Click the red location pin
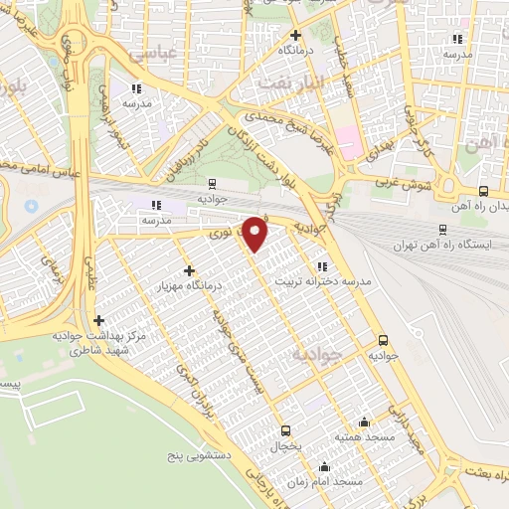click(x=256, y=234)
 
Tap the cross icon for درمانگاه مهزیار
click(x=189, y=269)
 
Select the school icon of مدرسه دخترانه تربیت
click(x=321, y=266)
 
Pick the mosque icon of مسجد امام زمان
click(x=324, y=466)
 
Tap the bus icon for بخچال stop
click(x=286, y=430)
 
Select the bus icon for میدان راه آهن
click(x=483, y=192)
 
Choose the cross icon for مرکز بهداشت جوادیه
click(x=98, y=320)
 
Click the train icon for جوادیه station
click(x=211, y=183)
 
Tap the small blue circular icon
click(x=30, y=206)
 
